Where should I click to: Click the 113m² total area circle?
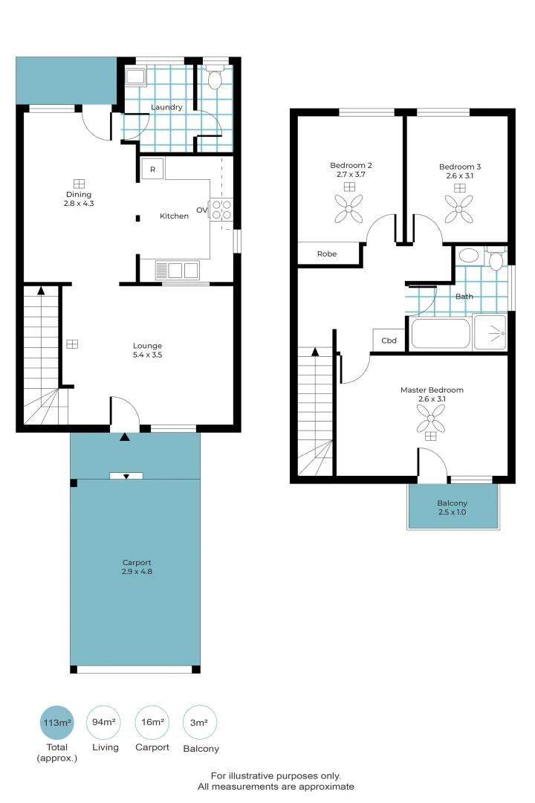pyautogui.click(x=57, y=722)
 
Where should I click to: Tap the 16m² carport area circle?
pyautogui.click(x=152, y=722)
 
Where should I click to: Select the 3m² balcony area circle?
pyautogui.click(x=199, y=722)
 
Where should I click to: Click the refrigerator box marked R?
pyautogui.click(x=153, y=170)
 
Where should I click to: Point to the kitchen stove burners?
pyautogui.click(x=221, y=210)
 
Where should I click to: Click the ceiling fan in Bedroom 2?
pyautogui.click(x=348, y=209)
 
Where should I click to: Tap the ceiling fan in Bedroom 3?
pyautogui.click(x=459, y=209)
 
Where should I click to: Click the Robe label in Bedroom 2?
pyautogui.click(x=327, y=254)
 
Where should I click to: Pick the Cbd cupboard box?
pyautogui.click(x=389, y=341)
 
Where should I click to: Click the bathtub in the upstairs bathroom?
pyautogui.click(x=440, y=333)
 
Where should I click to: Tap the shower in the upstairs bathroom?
pyautogui.click(x=490, y=332)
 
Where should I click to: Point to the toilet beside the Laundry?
pyautogui.click(x=215, y=79)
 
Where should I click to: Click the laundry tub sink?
pyautogui.click(x=136, y=77)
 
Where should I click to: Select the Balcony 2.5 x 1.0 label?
pyautogui.click(x=453, y=509)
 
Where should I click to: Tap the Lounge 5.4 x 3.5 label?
pyautogui.click(x=147, y=350)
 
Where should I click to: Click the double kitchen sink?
pyautogui.click(x=177, y=270)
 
